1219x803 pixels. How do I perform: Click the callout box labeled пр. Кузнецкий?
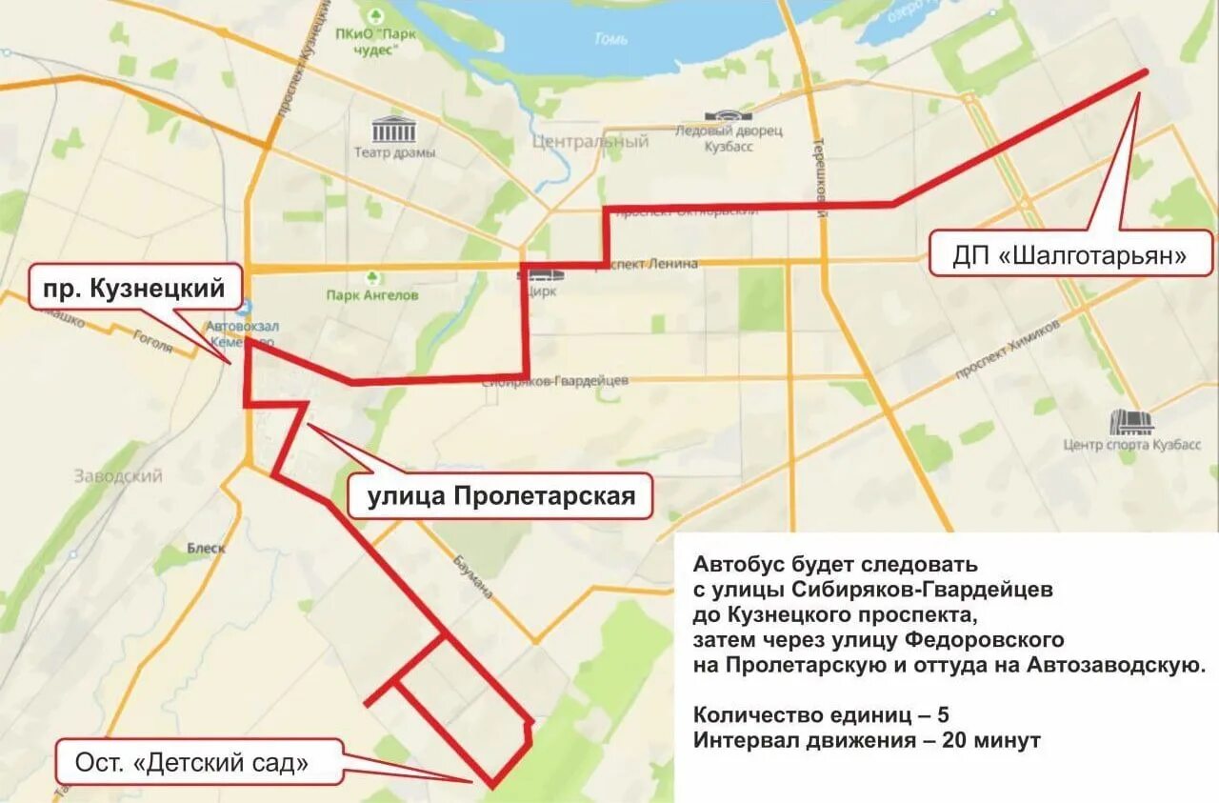(135, 288)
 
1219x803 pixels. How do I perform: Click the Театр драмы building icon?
(394, 130)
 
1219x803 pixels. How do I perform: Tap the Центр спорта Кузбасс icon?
(1130, 422)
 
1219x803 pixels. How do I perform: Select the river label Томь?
(609, 40)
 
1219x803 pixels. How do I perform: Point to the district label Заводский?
(118, 475)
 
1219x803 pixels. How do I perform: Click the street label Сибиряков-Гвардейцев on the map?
(555, 381)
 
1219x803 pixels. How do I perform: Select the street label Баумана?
(472, 574)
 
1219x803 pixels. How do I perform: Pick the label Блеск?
(206, 548)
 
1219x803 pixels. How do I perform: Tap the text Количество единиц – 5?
(821, 714)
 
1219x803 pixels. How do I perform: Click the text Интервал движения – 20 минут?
(867, 740)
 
